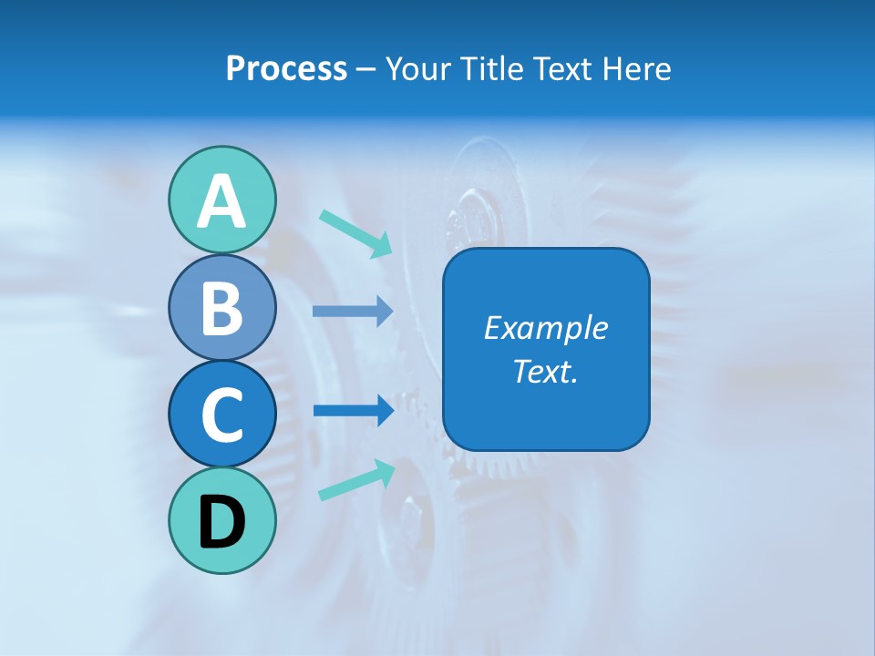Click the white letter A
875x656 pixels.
pos(221,201)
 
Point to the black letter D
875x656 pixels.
pos(221,523)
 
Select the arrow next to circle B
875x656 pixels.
pos(353,311)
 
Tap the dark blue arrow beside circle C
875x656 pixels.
pos(353,410)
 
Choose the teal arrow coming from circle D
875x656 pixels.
pos(356,480)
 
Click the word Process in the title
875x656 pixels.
pos(286,68)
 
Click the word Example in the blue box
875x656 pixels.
pos(545,328)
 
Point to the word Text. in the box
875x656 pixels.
pos(545,371)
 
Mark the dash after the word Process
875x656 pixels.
pos(365,69)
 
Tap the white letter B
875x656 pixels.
pos(221,308)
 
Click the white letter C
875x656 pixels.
pos(221,415)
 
